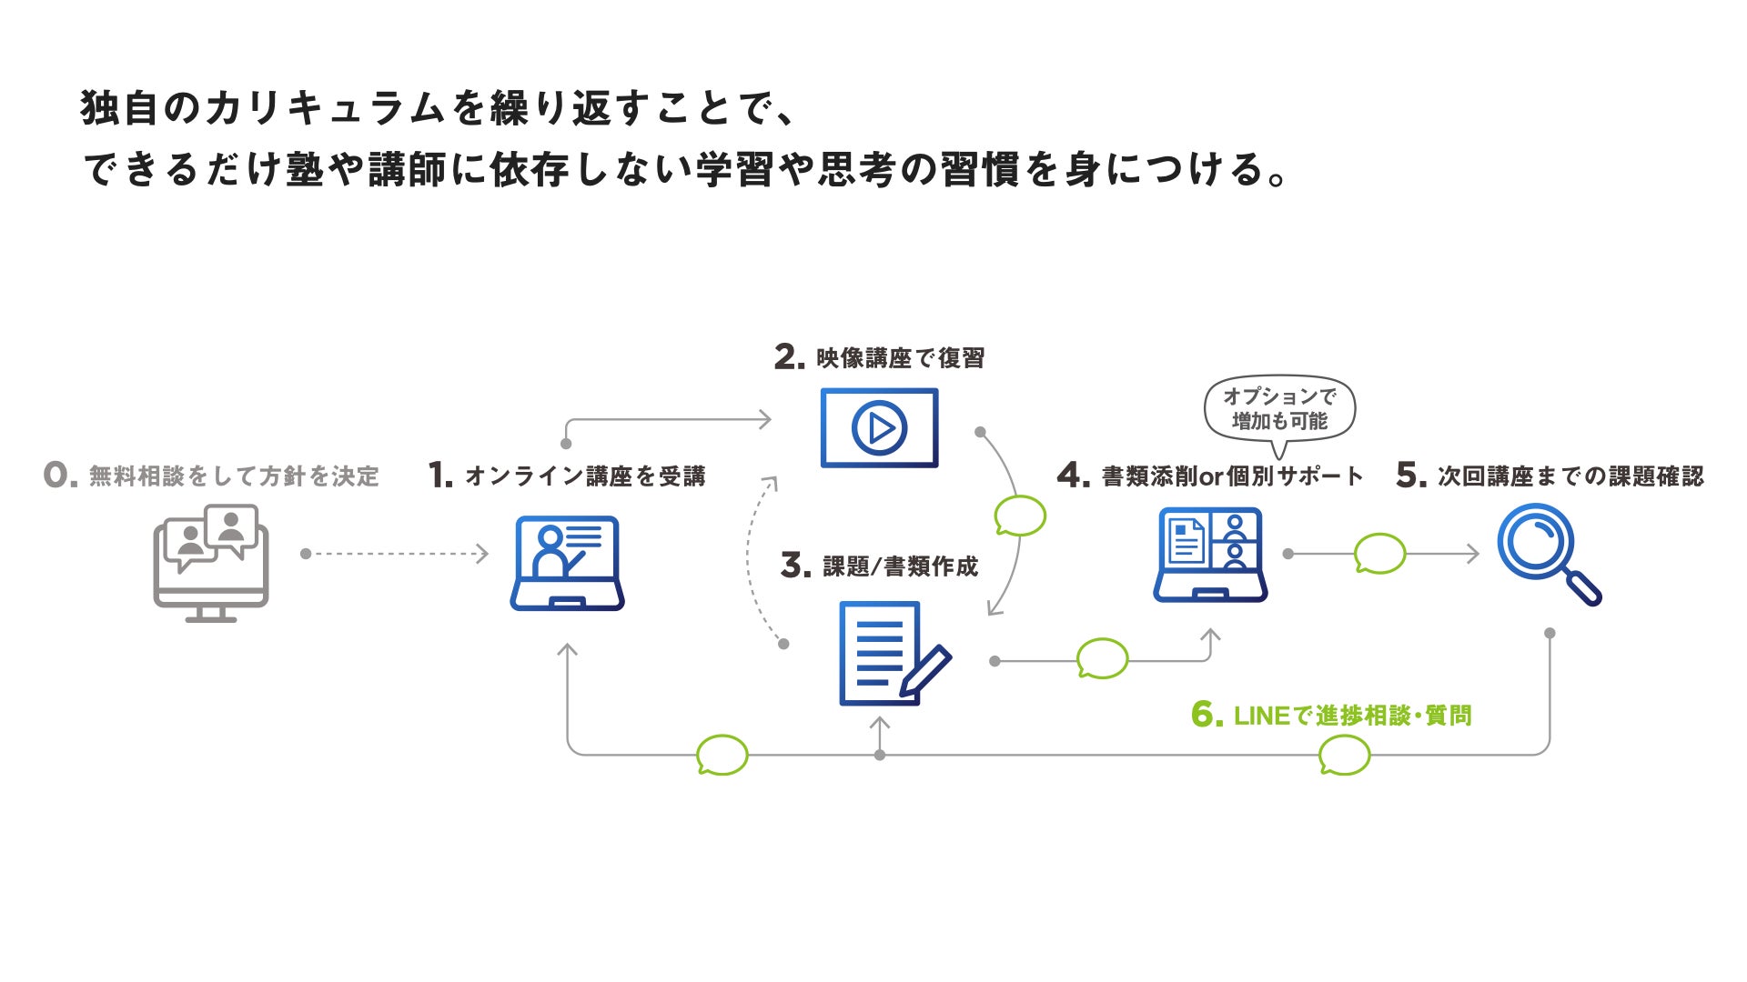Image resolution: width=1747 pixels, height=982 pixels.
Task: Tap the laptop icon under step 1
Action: [567, 563]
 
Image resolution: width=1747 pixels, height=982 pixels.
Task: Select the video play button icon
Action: [879, 427]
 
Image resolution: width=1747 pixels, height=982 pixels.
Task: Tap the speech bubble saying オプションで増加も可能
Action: [1279, 409]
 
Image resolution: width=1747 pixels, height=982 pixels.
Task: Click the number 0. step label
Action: [60, 475]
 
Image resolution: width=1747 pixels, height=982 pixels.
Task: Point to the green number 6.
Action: [1207, 715]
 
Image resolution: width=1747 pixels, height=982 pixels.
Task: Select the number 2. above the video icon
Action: [789, 357]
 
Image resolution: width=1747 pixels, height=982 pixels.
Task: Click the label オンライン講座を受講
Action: [585, 476]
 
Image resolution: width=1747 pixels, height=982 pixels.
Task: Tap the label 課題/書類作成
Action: [900, 566]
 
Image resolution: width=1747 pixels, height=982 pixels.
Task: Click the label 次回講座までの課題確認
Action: [1570, 476]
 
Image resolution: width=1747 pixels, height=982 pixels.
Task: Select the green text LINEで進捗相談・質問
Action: [1352, 716]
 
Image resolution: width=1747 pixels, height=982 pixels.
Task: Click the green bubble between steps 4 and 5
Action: [1379, 553]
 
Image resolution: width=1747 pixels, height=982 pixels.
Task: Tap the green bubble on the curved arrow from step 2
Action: [1020, 516]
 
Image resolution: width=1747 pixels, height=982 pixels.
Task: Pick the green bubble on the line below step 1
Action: [722, 755]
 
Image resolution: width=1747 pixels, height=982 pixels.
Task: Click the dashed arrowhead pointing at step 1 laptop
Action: [482, 554]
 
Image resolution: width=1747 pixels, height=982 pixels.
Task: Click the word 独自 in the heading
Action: [119, 107]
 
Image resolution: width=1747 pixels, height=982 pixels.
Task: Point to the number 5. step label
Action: [1410, 475]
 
